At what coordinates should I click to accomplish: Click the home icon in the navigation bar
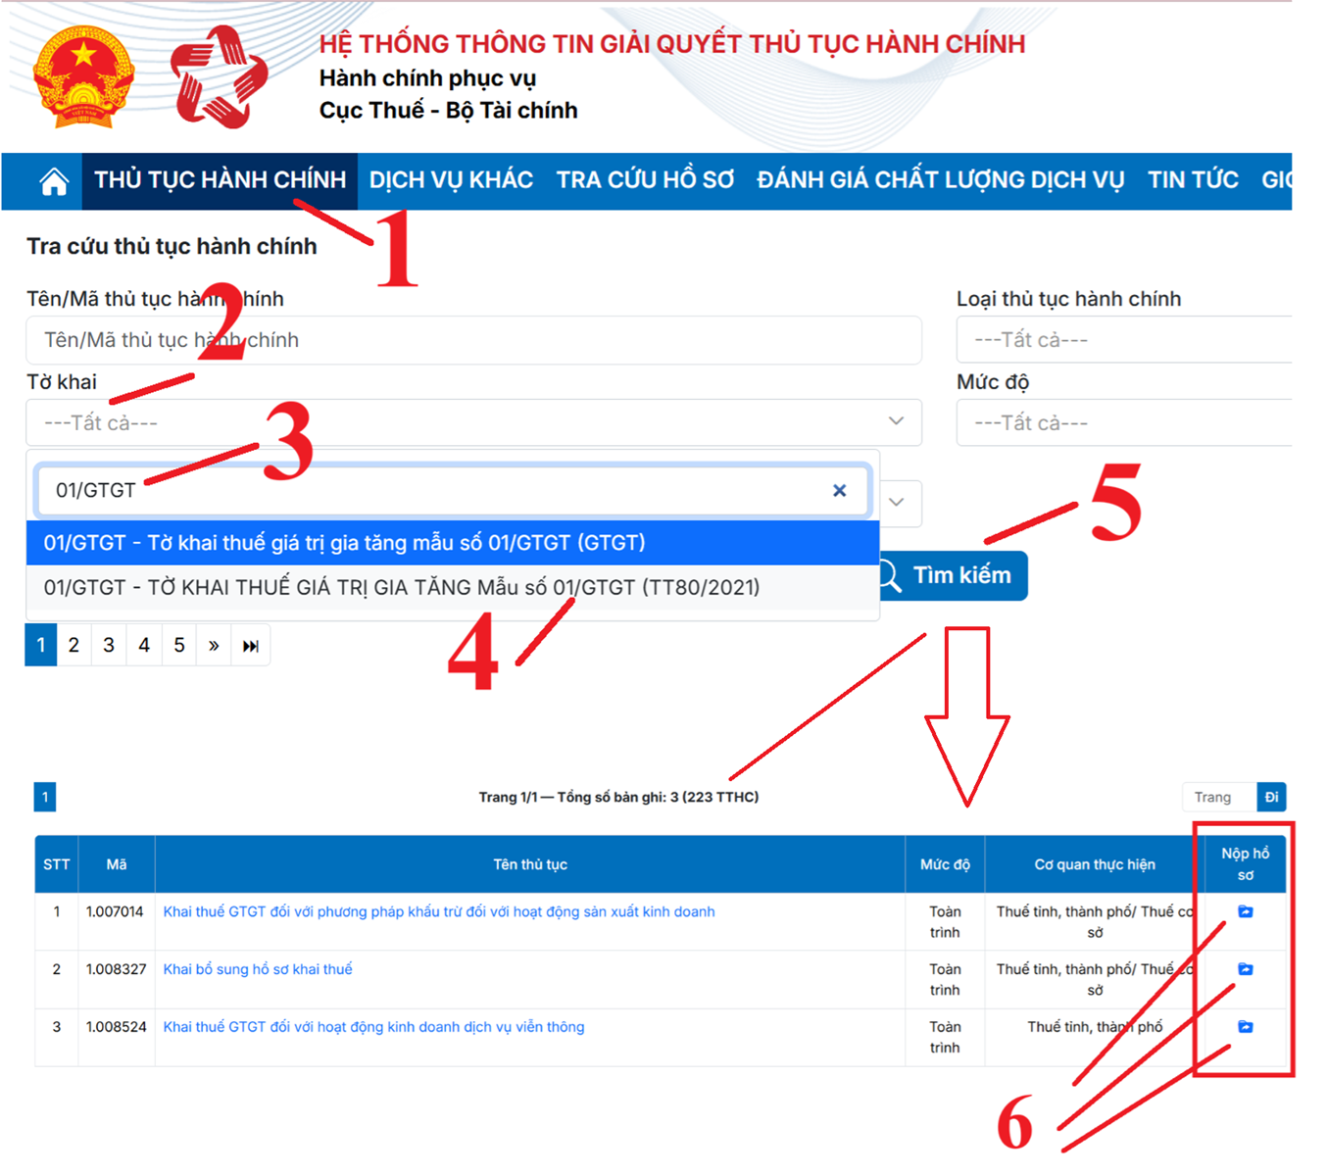54,181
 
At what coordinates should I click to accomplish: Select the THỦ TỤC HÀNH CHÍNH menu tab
220,180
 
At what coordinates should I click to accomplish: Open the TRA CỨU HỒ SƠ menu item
645,180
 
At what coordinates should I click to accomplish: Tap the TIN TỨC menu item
1193,180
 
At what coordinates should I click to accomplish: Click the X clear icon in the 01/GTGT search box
839,490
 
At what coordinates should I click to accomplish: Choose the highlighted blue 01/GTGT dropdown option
452,543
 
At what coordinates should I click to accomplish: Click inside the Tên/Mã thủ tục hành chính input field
473,340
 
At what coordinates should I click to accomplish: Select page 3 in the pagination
109,645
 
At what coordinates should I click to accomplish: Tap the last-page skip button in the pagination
251,645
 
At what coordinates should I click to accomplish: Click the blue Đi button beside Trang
1271,797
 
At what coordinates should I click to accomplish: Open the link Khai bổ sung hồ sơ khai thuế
258,969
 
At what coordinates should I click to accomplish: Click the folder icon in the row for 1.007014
1245,911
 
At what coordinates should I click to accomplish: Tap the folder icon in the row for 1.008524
1245,1027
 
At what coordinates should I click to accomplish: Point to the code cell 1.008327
116,969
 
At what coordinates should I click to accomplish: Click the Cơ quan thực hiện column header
1094,864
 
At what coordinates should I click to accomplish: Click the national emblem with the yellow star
82,76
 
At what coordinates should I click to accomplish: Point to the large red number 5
1116,502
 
